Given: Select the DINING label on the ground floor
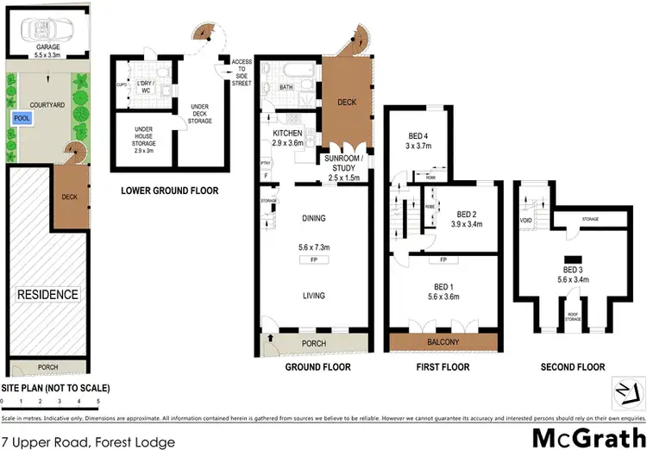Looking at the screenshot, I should coord(313,219).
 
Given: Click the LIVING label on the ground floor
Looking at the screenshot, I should coord(313,296).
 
